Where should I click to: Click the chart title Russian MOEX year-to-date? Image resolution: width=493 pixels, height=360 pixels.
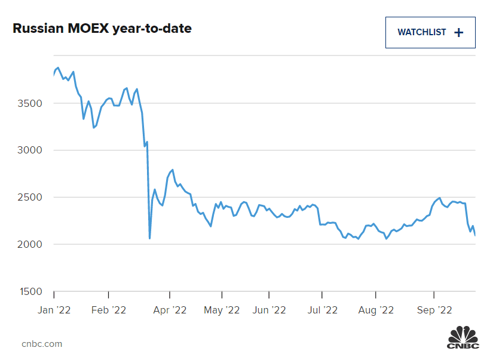(102, 28)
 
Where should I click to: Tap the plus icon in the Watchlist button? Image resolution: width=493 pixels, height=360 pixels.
(459, 32)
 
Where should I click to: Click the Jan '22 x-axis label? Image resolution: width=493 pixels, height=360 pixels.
(54, 310)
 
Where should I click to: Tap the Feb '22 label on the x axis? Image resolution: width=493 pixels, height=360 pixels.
(108, 310)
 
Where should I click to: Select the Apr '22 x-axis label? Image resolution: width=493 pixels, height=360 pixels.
(170, 310)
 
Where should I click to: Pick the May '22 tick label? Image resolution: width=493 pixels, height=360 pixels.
(222, 310)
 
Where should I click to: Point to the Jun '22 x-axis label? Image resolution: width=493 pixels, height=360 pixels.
(269, 310)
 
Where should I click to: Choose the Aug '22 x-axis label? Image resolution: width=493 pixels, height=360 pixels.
(375, 310)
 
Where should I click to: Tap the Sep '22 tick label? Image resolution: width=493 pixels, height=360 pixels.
(433, 310)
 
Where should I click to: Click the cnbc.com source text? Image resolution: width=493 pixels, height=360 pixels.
(42, 344)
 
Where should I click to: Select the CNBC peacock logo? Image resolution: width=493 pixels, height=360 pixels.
(463, 338)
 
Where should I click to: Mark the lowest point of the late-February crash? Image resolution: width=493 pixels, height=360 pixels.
(149, 238)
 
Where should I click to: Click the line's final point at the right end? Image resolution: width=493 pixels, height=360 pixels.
(475, 235)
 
